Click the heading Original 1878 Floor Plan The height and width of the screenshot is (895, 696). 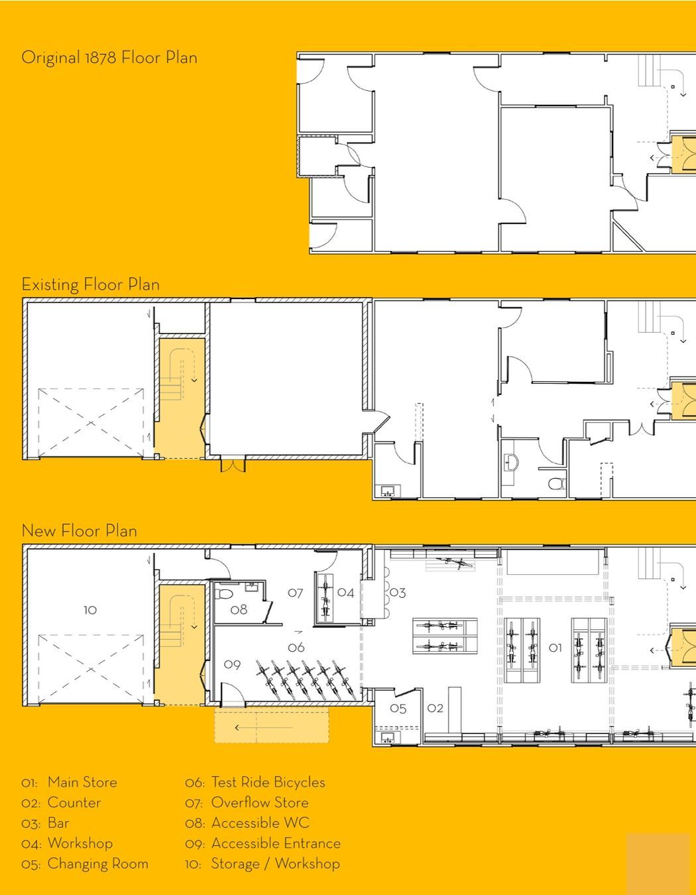click(x=109, y=58)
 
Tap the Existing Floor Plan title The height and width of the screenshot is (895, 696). click(x=91, y=284)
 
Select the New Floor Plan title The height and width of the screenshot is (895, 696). click(x=80, y=531)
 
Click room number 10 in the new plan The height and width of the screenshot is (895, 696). click(x=90, y=610)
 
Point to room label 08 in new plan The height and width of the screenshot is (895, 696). click(x=239, y=609)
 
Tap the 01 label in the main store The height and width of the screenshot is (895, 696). click(x=555, y=648)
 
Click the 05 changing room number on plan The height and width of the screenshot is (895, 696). click(x=398, y=709)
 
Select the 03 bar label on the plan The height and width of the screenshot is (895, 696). click(x=398, y=593)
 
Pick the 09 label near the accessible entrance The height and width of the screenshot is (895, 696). click(x=232, y=664)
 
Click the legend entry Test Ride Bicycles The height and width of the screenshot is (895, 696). click(x=268, y=782)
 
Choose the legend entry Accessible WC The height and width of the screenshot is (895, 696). click(x=261, y=823)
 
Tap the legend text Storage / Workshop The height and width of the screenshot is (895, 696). click(x=276, y=864)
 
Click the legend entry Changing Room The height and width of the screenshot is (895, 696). click(x=98, y=864)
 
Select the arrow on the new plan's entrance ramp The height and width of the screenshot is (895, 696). click(x=264, y=728)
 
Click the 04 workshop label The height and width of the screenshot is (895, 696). click(x=345, y=593)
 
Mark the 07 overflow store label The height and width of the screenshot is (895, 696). click(x=295, y=593)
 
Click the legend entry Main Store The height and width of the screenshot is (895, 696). click(x=82, y=782)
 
